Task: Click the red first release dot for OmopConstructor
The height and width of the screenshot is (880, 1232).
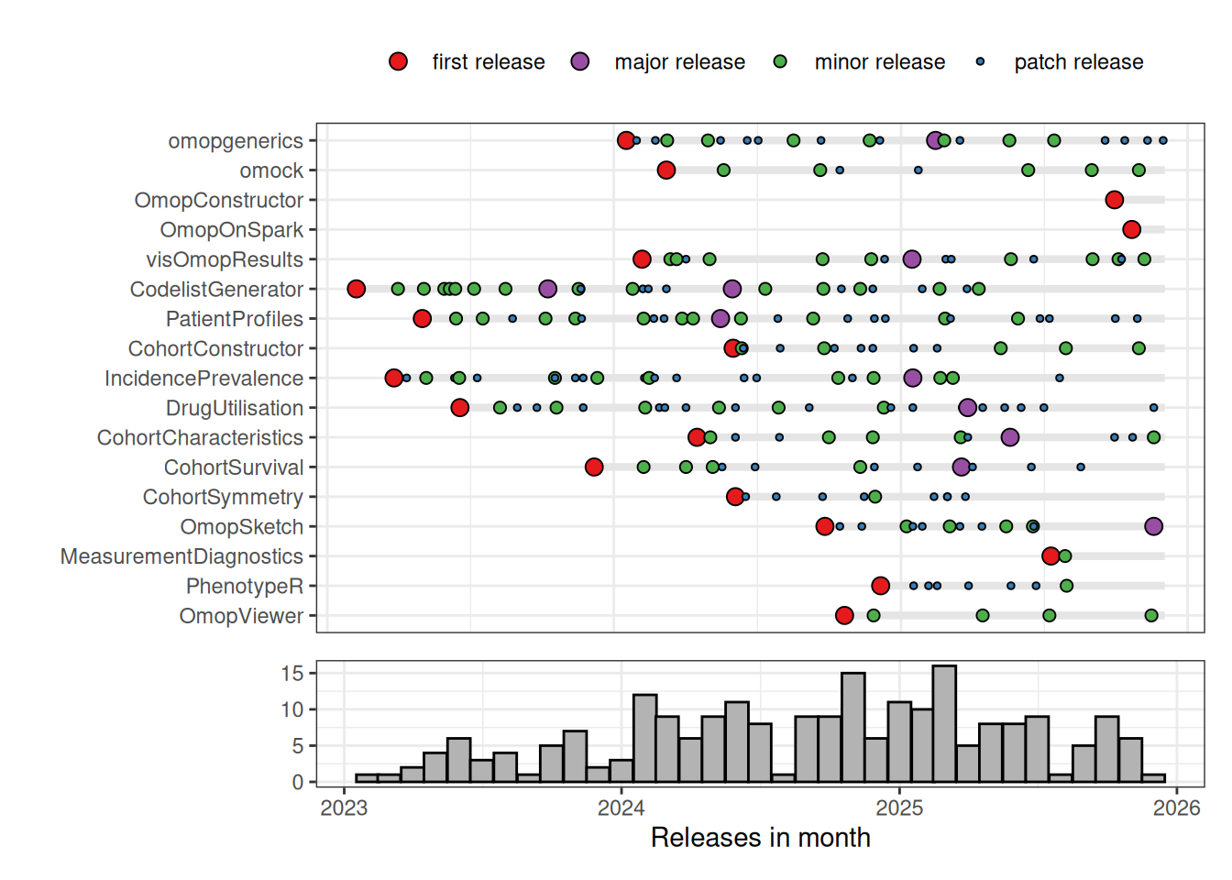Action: pyautogui.click(x=1114, y=200)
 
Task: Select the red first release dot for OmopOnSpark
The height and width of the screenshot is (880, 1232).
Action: pyautogui.click(x=1131, y=229)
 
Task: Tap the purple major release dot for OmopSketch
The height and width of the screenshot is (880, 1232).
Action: pyautogui.click(x=1153, y=526)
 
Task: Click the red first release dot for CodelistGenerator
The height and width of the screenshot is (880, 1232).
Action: pyautogui.click(x=357, y=289)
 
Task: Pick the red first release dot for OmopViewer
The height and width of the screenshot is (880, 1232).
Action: pyautogui.click(x=844, y=615)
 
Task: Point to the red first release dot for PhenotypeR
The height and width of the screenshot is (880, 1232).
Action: pyautogui.click(x=880, y=586)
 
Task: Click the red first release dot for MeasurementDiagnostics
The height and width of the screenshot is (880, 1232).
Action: pyautogui.click(x=1050, y=555)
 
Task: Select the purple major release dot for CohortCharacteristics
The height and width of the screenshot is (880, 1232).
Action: pyautogui.click(x=1009, y=437)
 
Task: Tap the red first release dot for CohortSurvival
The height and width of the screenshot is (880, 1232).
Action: pyautogui.click(x=594, y=467)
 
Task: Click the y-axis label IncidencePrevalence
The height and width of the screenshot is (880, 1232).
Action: pyautogui.click(x=203, y=379)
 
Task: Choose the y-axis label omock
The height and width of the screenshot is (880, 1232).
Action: pyautogui.click(x=271, y=170)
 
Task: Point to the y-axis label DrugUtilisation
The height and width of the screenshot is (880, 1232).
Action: pyautogui.click(x=234, y=408)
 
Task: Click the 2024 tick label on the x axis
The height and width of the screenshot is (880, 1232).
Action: pyautogui.click(x=621, y=808)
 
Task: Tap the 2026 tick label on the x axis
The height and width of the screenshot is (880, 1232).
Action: pyautogui.click(x=1176, y=808)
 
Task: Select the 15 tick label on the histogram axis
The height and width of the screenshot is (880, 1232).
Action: pyautogui.click(x=292, y=674)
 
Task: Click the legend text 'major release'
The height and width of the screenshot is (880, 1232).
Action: pyautogui.click(x=679, y=62)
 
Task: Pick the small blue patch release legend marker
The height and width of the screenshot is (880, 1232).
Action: pyautogui.click(x=980, y=61)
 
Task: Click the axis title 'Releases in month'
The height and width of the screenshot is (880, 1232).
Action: pyautogui.click(x=760, y=838)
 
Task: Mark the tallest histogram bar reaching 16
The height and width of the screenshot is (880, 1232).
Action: pyautogui.click(x=944, y=724)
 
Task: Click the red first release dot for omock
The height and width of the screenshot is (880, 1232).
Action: pyautogui.click(x=666, y=170)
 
